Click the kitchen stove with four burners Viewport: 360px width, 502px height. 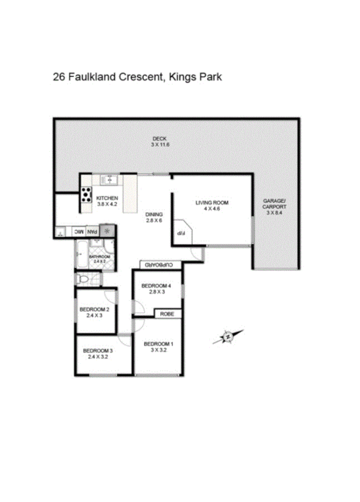coord(86,194)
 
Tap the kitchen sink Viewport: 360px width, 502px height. coord(108,180)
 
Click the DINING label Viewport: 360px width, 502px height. coord(153,217)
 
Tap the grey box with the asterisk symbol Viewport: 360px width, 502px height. coord(107,231)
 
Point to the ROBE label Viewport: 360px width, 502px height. coord(168,314)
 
